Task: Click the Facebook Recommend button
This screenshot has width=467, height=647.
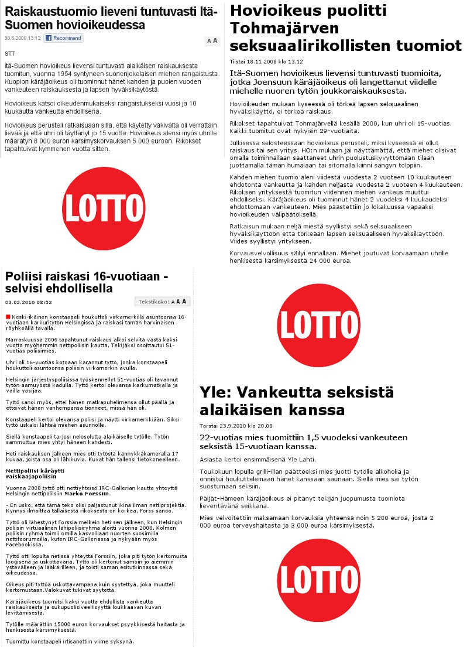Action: pos(63,38)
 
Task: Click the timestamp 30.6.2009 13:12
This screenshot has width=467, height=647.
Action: pos(22,38)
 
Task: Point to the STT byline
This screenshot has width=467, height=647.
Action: pos(9,53)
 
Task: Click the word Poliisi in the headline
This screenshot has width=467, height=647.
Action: pos(26,276)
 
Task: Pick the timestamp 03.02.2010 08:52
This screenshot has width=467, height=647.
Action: pos(28,302)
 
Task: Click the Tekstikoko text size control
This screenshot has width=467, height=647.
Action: pos(163,302)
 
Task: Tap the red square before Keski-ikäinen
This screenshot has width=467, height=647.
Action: pos(8,317)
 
